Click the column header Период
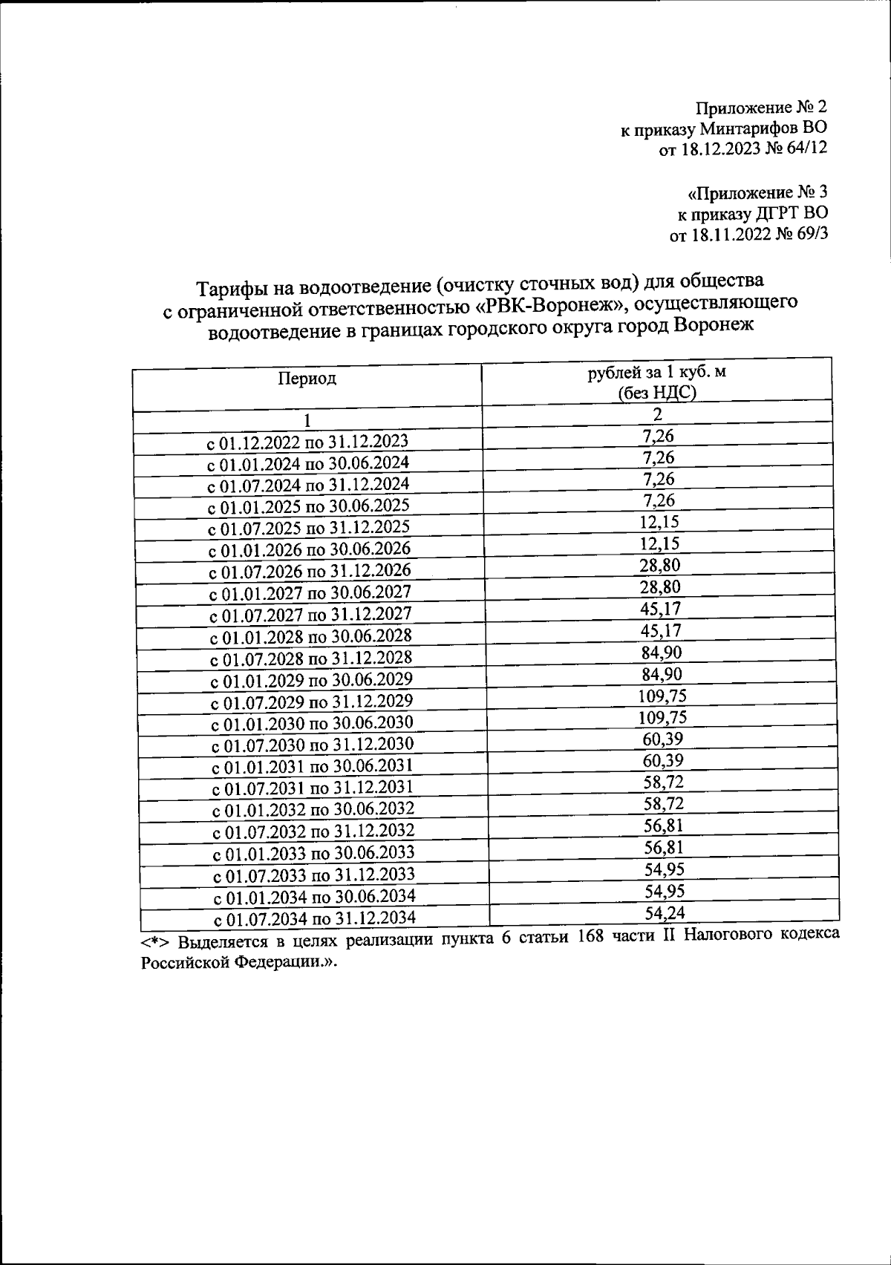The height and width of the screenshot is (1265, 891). tap(307, 379)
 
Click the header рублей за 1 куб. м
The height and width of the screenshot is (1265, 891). tap(656, 372)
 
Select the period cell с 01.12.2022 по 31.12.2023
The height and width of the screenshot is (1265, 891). tap(307, 442)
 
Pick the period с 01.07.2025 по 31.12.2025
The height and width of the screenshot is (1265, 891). tap(308, 529)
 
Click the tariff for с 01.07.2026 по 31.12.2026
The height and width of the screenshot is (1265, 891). tap(660, 566)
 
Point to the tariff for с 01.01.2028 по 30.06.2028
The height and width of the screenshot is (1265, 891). tap(660, 631)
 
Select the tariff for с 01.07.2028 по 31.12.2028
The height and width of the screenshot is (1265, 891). tap(660, 653)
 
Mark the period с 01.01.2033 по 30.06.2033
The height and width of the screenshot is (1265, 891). tap(313, 853)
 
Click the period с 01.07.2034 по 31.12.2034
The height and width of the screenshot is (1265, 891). tap(314, 918)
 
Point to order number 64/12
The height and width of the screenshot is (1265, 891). tap(806, 149)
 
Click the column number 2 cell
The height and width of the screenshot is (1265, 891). tap(657, 414)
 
